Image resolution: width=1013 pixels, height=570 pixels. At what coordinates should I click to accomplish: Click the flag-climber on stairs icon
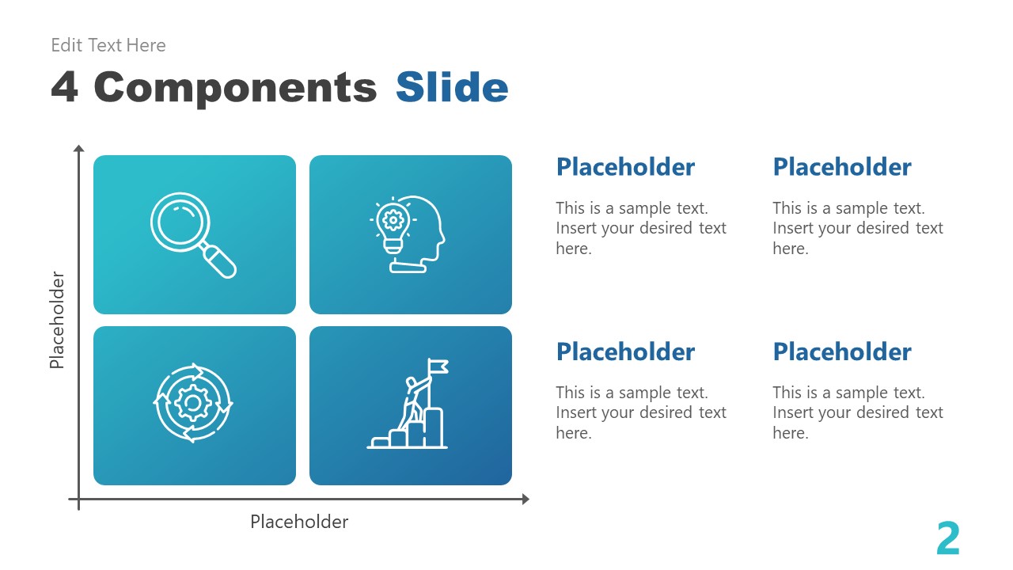click(x=408, y=405)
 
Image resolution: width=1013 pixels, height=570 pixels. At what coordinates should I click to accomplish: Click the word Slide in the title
click(x=452, y=87)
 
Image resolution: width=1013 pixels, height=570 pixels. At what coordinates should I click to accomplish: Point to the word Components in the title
click(x=235, y=87)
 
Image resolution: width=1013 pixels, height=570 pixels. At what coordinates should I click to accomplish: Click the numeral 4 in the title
click(x=65, y=87)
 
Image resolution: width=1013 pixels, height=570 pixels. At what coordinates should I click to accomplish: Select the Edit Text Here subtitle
click(x=108, y=45)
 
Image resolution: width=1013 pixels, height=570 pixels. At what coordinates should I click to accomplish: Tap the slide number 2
click(x=947, y=540)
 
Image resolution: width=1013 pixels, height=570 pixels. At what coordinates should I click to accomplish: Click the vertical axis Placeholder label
click(x=57, y=320)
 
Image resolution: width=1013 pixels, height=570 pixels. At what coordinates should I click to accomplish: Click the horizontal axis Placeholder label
click(x=299, y=522)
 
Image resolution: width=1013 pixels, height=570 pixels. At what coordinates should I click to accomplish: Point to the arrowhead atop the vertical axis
click(x=78, y=148)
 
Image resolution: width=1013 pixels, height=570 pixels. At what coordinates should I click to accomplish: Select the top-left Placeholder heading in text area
click(x=625, y=167)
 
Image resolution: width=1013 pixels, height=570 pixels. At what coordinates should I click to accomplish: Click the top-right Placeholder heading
click(x=841, y=167)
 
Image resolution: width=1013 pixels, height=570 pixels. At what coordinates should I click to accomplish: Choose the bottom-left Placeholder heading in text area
click(x=625, y=351)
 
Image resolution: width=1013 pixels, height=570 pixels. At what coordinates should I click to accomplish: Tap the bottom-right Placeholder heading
click(x=841, y=351)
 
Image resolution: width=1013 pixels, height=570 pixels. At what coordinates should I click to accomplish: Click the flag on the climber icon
click(x=438, y=366)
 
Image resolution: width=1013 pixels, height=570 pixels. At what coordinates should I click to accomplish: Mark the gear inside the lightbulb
click(x=392, y=219)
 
